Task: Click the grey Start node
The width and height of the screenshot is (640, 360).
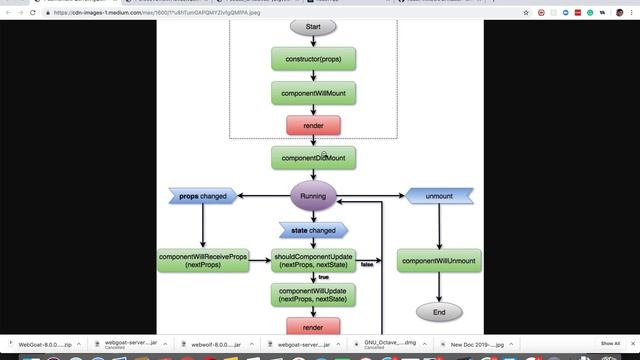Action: point(313,26)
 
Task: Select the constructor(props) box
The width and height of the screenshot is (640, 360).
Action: point(313,58)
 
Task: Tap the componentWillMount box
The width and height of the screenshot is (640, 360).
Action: point(313,93)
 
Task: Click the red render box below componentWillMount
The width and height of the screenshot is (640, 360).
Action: point(313,126)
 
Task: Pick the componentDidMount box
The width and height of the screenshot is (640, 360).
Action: point(313,158)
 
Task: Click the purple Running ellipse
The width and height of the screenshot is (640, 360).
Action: point(313,196)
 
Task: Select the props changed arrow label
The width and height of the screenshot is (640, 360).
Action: point(203,196)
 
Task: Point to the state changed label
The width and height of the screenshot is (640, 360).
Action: point(313,230)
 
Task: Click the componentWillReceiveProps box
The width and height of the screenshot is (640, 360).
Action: point(203,261)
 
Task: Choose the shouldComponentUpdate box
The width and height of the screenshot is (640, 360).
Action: point(313,261)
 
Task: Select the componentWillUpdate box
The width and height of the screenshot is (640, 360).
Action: point(313,295)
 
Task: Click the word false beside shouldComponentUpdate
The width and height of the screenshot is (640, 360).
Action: point(367,265)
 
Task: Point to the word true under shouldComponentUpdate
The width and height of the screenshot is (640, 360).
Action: point(323,277)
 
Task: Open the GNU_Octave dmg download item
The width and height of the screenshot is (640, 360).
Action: point(390,343)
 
